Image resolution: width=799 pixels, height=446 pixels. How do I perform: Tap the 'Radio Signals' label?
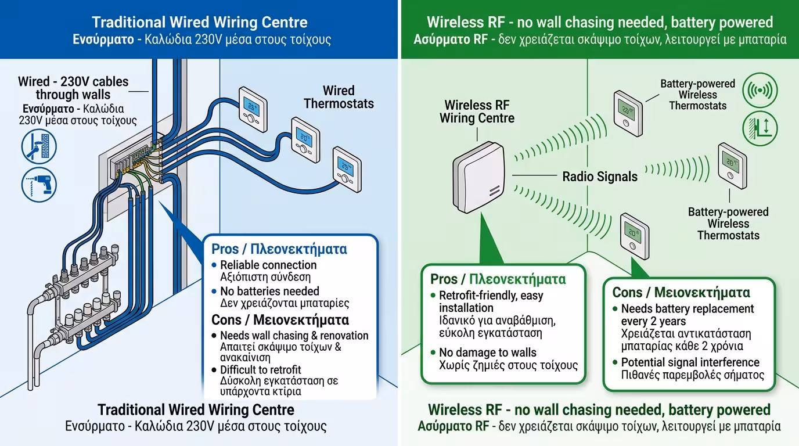(x=600, y=177)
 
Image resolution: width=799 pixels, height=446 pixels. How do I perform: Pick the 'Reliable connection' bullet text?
(x=268, y=265)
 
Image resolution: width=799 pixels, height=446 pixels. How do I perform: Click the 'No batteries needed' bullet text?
(x=269, y=291)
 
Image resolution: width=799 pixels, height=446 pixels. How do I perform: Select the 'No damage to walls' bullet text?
(x=488, y=353)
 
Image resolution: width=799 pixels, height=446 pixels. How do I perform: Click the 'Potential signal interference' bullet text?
(x=690, y=362)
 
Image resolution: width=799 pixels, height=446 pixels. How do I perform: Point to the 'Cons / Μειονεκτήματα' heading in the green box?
(x=681, y=292)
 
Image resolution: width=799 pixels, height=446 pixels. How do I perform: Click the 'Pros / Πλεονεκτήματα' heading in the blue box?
(x=279, y=249)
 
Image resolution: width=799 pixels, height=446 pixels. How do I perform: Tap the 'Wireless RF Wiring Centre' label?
(x=477, y=111)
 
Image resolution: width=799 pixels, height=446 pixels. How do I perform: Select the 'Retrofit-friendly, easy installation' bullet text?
(x=491, y=301)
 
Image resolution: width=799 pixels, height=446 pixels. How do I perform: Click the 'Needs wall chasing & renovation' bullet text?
(x=294, y=336)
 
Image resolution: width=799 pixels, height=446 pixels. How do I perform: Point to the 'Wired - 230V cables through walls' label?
(x=73, y=88)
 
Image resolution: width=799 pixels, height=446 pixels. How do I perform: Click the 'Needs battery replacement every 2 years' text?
(x=687, y=315)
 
